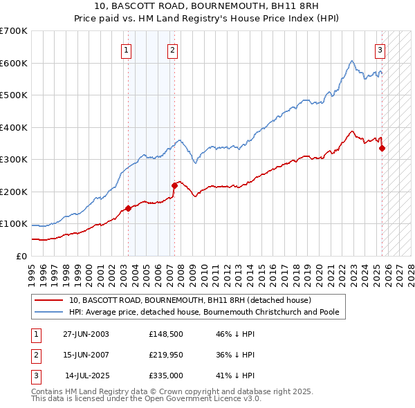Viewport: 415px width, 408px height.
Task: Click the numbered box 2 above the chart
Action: [172, 49]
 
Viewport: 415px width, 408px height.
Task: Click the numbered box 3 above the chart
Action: [380, 49]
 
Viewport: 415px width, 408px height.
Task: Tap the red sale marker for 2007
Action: [174, 185]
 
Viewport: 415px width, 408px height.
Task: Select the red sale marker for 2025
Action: [382, 147]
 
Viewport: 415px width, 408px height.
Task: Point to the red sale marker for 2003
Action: [128, 208]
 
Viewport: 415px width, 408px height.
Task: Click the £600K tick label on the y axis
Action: [14, 63]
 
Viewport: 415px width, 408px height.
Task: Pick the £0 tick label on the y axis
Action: [22, 256]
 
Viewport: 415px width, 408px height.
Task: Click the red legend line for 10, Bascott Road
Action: [48, 301]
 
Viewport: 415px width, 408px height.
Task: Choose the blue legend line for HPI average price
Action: [48, 312]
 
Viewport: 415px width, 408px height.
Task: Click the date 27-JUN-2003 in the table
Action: [86, 334]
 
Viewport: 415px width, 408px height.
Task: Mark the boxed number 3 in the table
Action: [35, 375]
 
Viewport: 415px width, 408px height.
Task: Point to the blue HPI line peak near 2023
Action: [352, 61]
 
